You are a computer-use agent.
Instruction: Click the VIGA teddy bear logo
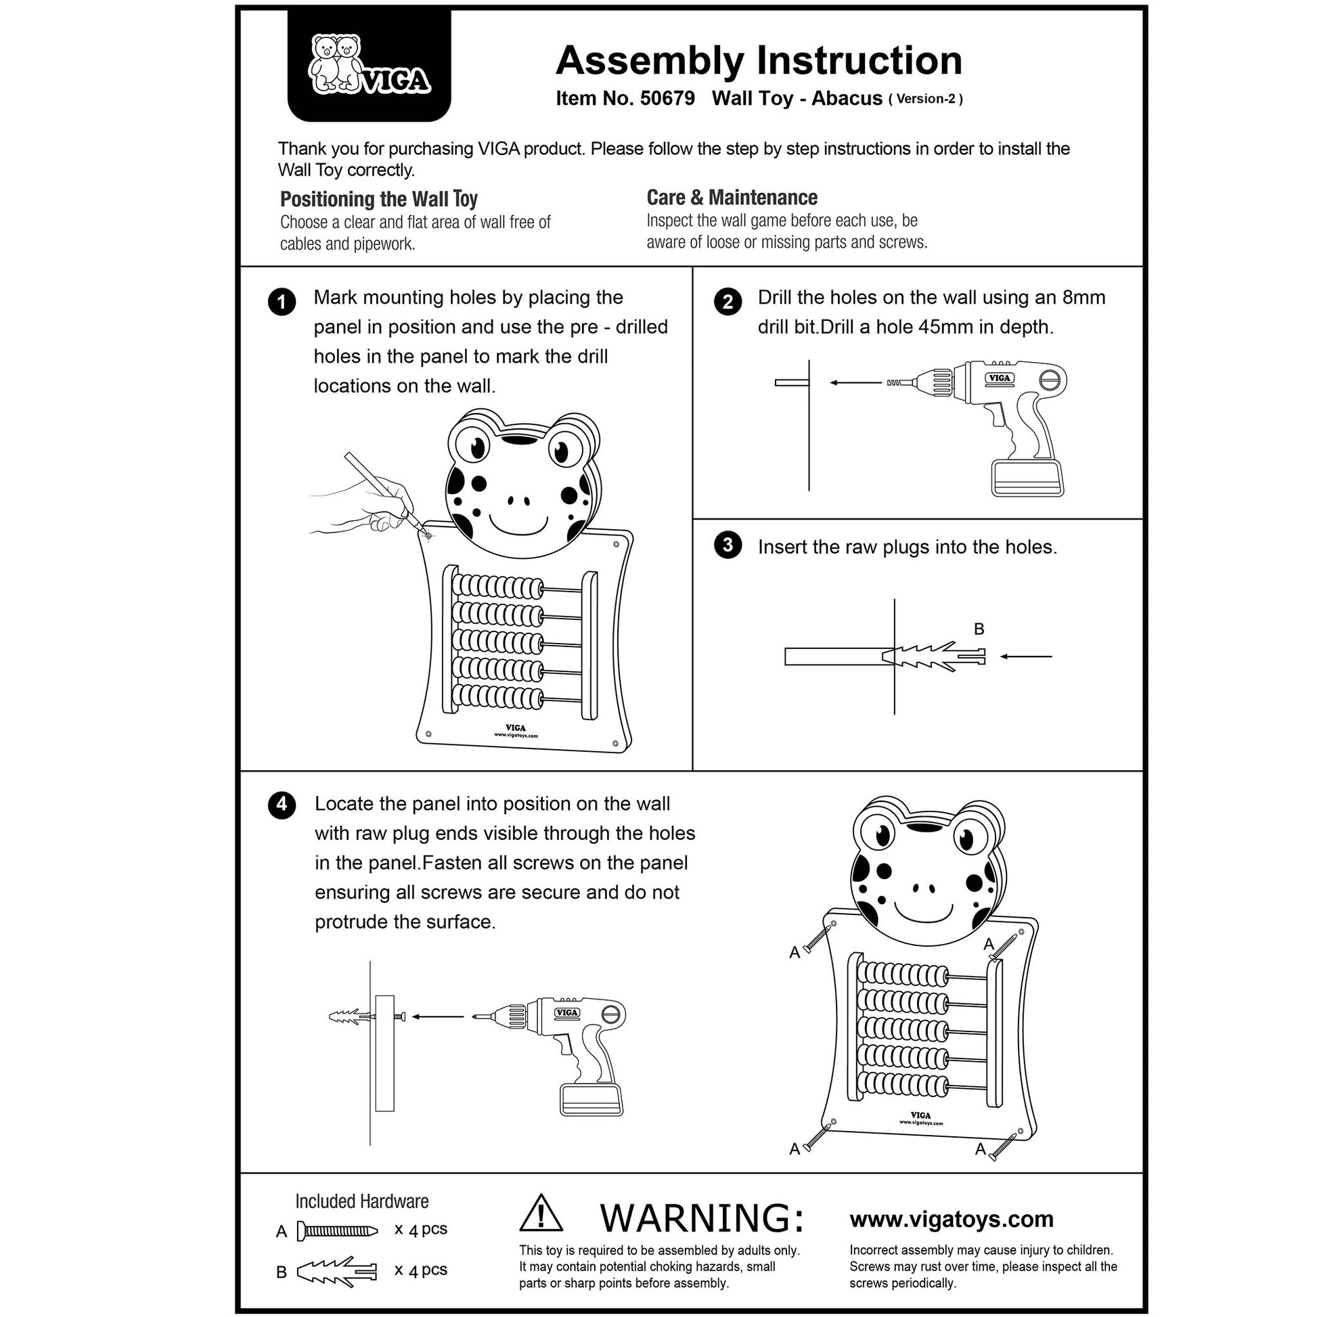pyautogui.click(x=369, y=66)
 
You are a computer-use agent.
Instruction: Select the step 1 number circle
pyautogui.click(x=282, y=301)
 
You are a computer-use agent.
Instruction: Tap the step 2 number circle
pyautogui.click(x=728, y=301)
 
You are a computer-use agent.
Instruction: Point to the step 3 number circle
pyautogui.click(x=728, y=545)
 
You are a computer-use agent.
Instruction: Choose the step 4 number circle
pyautogui.click(x=282, y=805)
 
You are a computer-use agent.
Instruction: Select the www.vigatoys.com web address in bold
pyautogui.click(x=951, y=1219)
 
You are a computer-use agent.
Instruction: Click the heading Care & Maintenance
pyautogui.click(x=732, y=198)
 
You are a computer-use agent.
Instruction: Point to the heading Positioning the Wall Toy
pyautogui.click(x=378, y=199)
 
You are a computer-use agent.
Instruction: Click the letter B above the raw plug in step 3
pyautogui.click(x=979, y=629)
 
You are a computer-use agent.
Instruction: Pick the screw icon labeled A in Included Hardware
pyautogui.click(x=337, y=1231)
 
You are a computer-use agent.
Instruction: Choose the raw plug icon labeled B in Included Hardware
pyautogui.click(x=337, y=1272)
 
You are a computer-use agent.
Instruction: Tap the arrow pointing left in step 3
pyautogui.click(x=1026, y=656)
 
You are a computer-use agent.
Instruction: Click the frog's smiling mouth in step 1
pyautogui.click(x=519, y=526)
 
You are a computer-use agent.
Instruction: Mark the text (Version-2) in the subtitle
pyautogui.click(x=926, y=99)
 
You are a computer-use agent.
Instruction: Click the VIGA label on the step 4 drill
pyautogui.click(x=567, y=1013)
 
